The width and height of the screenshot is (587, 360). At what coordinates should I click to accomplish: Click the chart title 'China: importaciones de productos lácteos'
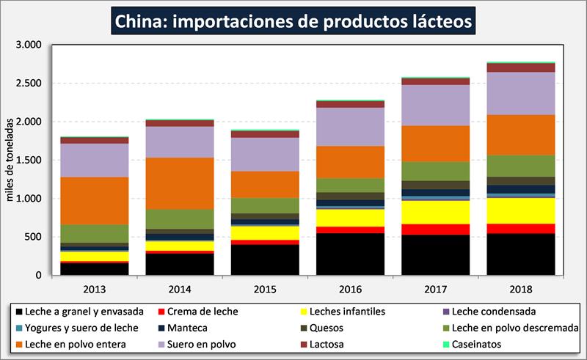point(293,20)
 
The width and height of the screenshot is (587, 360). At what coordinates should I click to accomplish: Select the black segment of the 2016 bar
point(349,254)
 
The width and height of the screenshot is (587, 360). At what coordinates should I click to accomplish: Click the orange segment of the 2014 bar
point(179,183)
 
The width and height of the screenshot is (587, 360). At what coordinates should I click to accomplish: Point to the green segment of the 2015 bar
point(264,205)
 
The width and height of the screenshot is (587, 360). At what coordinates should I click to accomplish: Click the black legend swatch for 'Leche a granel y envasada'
point(16,311)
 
